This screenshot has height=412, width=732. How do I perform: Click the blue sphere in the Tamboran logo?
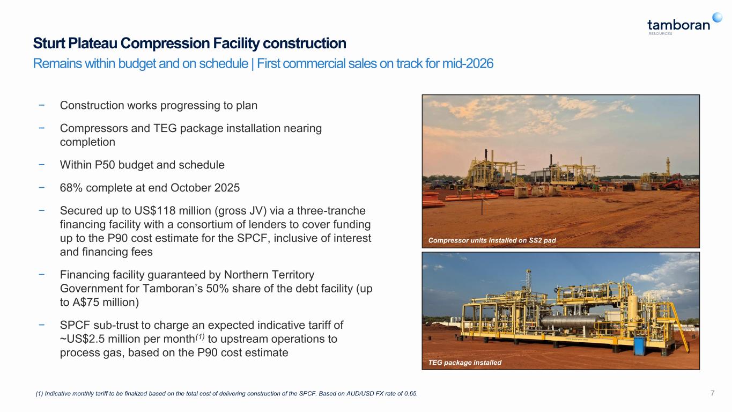[718, 17]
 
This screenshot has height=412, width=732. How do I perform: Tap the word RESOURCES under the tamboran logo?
[660, 34]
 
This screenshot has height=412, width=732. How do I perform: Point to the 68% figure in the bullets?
[71, 188]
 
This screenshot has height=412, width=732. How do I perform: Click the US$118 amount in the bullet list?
[155, 211]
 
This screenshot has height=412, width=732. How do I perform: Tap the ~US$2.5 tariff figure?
[83, 339]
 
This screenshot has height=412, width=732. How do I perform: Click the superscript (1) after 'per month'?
[200, 336]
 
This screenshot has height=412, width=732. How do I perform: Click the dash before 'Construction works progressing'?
[41, 105]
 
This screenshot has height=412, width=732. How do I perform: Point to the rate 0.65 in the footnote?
[410, 394]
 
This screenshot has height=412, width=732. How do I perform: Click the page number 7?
[712, 393]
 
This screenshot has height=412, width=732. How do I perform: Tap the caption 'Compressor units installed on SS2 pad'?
[492, 240]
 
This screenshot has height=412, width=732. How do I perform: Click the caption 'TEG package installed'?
[465, 363]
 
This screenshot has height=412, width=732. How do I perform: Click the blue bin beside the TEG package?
[640, 346]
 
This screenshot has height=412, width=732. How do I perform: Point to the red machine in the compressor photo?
[672, 182]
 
